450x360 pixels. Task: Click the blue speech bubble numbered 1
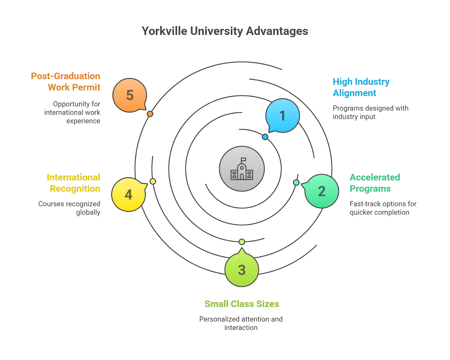click(x=282, y=116)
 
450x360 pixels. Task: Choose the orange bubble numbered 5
click(x=130, y=95)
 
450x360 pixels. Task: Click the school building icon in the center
click(x=242, y=168)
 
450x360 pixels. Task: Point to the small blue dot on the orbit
click(x=265, y=137)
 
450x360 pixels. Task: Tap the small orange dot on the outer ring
click(x=150, y=114)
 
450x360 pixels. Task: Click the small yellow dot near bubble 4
click(x=153, y=181)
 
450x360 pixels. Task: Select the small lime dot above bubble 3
click(x=242, y=242)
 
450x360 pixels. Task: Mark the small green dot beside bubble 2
click(x=296, y=183)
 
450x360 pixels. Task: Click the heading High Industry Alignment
click(x=361, y=87)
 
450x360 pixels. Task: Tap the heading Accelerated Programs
click(x=375, y=183)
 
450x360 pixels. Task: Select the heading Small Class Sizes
click(x=242, y=304)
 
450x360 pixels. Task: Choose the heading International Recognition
click(x=73, y=183)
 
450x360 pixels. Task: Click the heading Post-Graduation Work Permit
click(x=66, y=82)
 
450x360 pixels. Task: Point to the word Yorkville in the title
click(x=164, y=31)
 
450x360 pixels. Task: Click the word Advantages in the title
click(x=277, y=31)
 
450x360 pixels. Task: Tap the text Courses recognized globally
click(x=69, y=208)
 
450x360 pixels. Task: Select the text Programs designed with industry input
click(x=370, y=112)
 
